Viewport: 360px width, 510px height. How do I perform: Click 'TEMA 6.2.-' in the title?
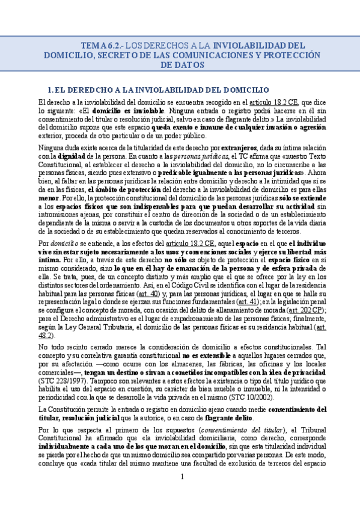(100, 45)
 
